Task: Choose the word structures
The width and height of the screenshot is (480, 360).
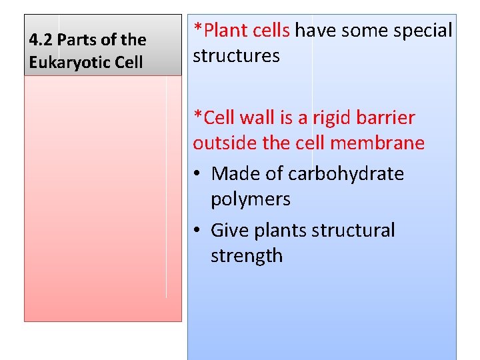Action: click(236, 56)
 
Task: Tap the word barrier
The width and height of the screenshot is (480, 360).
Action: click(387, 118)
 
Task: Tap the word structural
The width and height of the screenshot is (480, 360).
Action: click(352, 231)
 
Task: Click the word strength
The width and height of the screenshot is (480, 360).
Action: click(246, 256)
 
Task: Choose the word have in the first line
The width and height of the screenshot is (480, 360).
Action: click(315, 31)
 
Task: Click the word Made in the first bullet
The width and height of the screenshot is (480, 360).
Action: click(234, 174)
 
